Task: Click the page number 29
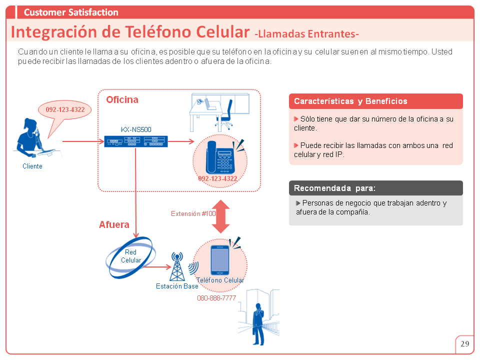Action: coord(464,344)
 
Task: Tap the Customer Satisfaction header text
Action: coord(71,12)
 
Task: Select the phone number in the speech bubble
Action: coord(65,109)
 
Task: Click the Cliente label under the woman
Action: coord(32,166)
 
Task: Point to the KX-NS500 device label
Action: coord(136,129)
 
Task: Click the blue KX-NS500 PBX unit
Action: coord(136,141)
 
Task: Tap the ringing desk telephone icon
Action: coord(220,157)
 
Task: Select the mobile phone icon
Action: coord(220,260)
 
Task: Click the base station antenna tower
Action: coord(177,266)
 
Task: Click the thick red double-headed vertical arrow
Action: coord(220,216)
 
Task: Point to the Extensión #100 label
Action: coord(193,213)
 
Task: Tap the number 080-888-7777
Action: coord(216,298)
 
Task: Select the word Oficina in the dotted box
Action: coord(122,99)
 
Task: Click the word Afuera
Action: coord(114,224)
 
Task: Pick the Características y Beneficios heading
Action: coord(350,101)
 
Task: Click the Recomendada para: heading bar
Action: coord(376,188)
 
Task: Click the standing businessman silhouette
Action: coord(258,324)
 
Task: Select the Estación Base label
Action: coord(177,286)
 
